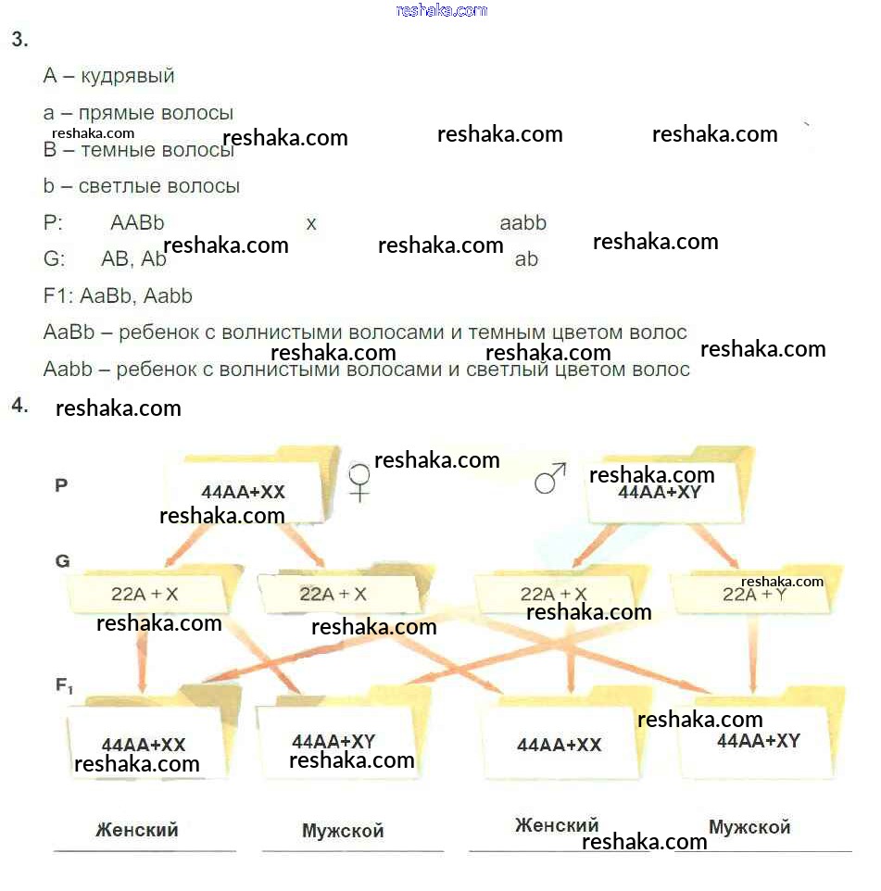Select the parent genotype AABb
(x=137, y=223)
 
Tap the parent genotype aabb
(x=522, y=223)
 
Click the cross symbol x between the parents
(x=311, y=224)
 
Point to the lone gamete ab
(x=526, y=259)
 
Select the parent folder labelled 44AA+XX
(x=243, y=492)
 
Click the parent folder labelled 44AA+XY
(x=660, y=492)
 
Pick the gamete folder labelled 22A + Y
(x=754, y=595)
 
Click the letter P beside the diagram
(x=61, y=484)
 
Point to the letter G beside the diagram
(x=62, y=561)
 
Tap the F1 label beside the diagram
(x=64, y=686)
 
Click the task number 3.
(x=19, y=39)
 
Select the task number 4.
(x=19, y=405)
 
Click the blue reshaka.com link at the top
(x=441, y=10)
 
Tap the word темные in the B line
(x=119, y=150)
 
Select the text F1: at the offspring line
(x=58, y=296)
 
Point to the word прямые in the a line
(x=113, y=113)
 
